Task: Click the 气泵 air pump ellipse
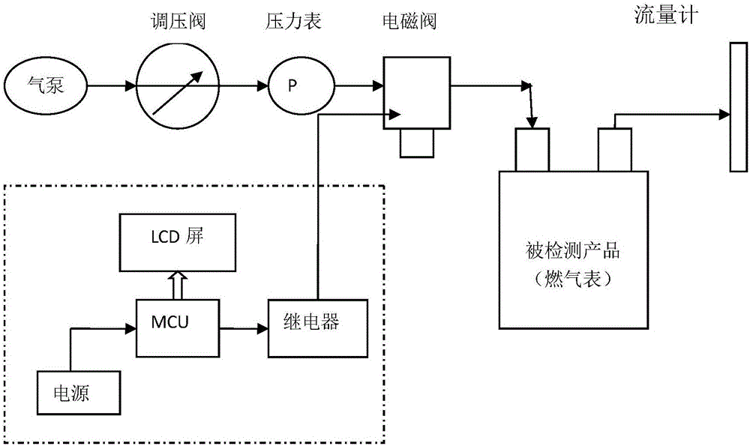46,87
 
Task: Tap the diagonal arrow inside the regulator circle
178,93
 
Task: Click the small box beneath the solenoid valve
417,142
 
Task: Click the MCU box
176,328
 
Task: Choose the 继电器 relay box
318,328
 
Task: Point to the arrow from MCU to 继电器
242,328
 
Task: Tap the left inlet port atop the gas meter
532,149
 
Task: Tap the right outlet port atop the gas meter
615,149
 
